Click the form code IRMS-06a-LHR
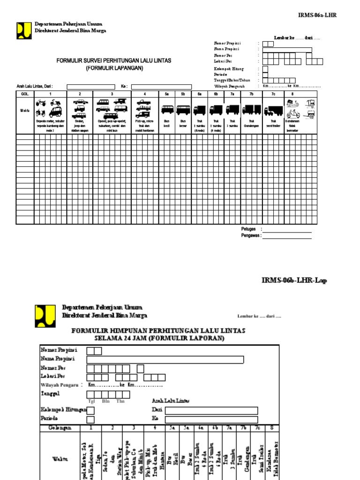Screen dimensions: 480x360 [317, 15]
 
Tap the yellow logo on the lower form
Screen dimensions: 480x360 [45, 315]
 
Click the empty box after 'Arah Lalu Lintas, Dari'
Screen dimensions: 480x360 [91, 86]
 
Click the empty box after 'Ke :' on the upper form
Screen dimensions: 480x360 [161, 86]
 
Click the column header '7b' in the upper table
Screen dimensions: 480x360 [251, 94]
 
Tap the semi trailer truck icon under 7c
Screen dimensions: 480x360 [273, 111]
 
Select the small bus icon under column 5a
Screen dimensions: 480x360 [167, 110]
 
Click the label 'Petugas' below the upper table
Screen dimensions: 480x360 [248, 229]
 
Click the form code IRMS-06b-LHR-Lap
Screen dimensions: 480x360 [294, 280]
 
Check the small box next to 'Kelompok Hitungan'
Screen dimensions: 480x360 [91, 410]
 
